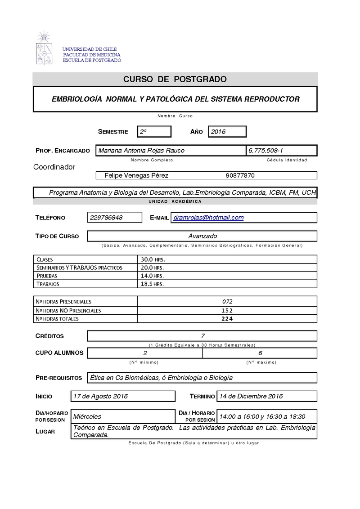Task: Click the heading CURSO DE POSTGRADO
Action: [x=175, y=80]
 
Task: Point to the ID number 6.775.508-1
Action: [x=265, y=151]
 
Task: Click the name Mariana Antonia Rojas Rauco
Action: [x=141, y=151]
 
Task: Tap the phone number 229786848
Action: [x=109, y=218]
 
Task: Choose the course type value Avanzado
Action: [x=202, y=236]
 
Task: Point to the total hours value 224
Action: [x=227, y=319]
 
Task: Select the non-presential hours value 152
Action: [x=227, y=310]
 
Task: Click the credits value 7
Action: [x=202, y=336]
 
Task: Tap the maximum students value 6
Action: [x=260, y=353]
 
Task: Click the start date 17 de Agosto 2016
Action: [x=100, y=396]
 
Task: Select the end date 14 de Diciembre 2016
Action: [x=251, y=396]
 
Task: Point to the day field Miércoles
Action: [x=87, y=416]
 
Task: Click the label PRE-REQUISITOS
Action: [x=58, y=378]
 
